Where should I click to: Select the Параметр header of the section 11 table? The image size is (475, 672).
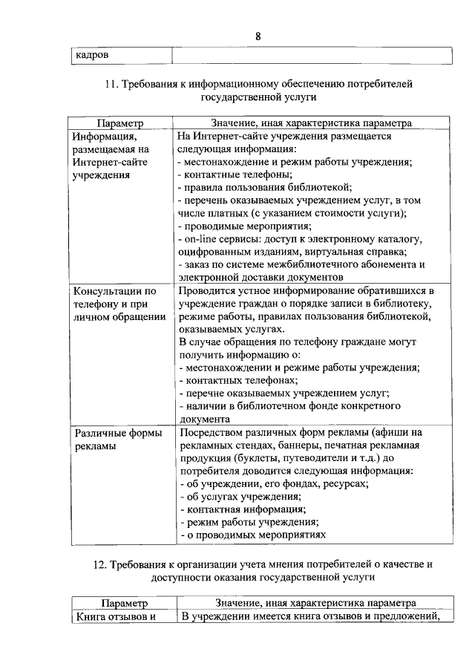(119, 123)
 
